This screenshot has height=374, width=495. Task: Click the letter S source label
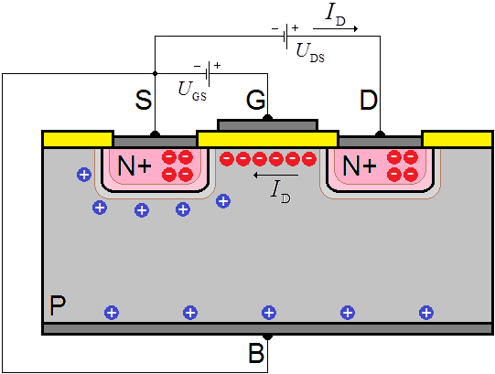(144, 100)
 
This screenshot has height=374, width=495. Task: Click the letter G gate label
(255, 100)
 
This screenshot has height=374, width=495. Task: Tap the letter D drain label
(369, 100)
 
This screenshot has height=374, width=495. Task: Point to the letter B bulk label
(256, 353)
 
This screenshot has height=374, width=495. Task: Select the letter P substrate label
(58, 305)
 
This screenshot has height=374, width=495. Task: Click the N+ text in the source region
(135, 166)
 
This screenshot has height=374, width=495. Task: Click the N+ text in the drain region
(360, 166)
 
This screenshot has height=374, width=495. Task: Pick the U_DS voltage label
(310, 53)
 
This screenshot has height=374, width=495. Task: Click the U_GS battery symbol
(208, 74)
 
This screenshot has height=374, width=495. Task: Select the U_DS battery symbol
(285, 36)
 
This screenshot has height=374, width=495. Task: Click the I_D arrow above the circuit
(335, 28)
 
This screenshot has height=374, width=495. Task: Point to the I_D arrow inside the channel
(276, 175)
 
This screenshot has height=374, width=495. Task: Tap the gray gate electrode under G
(268, 125)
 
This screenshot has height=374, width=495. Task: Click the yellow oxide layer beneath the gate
(268, 139)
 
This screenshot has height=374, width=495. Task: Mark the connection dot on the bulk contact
(268, 337)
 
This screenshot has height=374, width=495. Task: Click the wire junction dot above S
(155, 73)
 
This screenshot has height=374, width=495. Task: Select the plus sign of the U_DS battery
(295, 27)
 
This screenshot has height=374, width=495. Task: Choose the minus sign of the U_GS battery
(197, 66)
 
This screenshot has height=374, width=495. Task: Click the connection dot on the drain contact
(380, 134)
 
